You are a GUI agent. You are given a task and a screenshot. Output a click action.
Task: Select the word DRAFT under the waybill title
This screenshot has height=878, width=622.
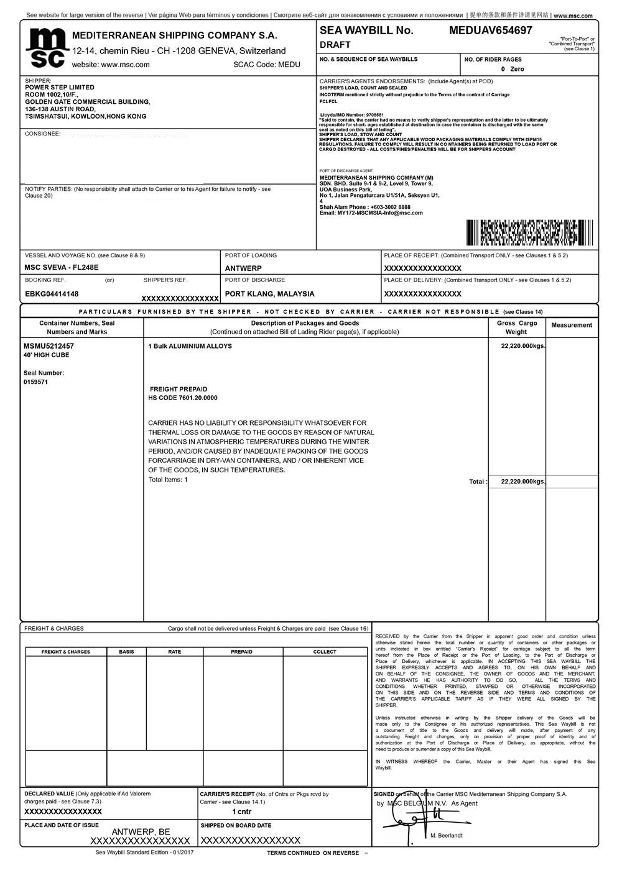pos(335,45)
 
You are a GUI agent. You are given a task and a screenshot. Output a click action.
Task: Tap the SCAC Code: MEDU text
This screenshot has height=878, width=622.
pos(266,64)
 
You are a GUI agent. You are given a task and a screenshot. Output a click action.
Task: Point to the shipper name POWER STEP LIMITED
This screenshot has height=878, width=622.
pos(60,88)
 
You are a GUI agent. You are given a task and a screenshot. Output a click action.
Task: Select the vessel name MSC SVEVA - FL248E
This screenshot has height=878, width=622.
pos(62,268)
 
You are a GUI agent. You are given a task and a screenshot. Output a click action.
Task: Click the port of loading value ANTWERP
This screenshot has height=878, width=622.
pos(243,268)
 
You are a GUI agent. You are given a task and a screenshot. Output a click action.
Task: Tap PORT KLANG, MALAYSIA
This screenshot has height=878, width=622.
pos(269,294)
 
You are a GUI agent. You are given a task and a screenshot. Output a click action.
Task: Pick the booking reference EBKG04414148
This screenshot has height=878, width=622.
pos(52,294)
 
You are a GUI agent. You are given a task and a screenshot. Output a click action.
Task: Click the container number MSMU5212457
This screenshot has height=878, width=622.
pos(49,346)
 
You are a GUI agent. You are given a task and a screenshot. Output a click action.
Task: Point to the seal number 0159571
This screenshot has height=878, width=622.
pos(35,382)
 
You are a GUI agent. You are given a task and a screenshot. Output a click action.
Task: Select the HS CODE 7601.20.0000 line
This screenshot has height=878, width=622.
pos(183,398)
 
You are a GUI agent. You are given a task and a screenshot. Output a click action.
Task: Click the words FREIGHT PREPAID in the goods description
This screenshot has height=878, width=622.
pos(179,389)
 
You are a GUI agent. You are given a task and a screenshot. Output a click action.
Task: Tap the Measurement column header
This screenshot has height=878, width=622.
pos(572,325)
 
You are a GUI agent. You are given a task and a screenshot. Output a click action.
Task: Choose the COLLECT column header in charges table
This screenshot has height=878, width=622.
pos(325,652)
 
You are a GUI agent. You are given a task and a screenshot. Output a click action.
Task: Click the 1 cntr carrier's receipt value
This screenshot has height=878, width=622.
pos(242,812)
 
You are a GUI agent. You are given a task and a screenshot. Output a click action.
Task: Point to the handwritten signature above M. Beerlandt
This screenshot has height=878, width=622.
pos(407,824)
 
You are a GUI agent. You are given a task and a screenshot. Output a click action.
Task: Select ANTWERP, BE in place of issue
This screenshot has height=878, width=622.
pos(141,831)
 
